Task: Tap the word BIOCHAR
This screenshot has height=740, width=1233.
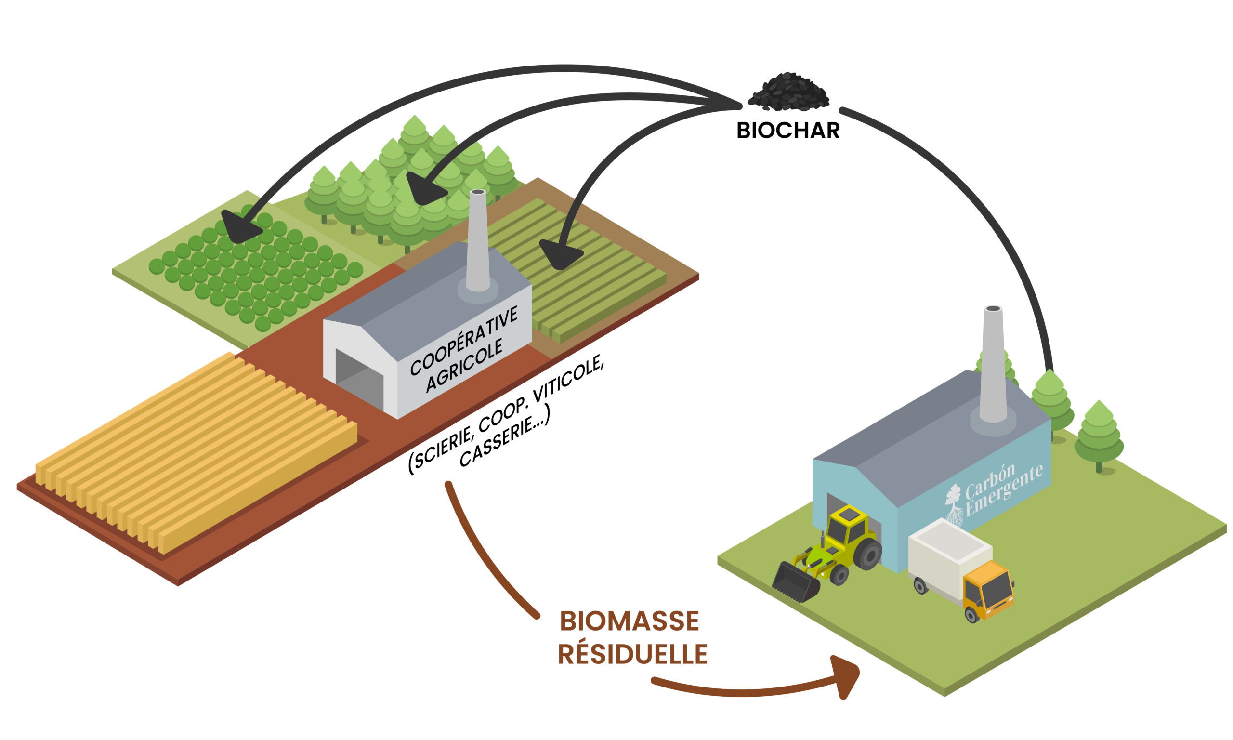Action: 788,131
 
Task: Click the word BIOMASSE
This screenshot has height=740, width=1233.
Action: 629,621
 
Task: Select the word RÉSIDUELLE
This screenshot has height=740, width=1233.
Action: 632,654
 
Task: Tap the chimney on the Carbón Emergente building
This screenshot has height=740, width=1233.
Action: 993,364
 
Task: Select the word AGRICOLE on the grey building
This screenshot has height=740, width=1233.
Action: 464,366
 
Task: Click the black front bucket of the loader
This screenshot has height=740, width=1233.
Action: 796,582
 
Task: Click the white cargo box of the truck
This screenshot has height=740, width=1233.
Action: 949,559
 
